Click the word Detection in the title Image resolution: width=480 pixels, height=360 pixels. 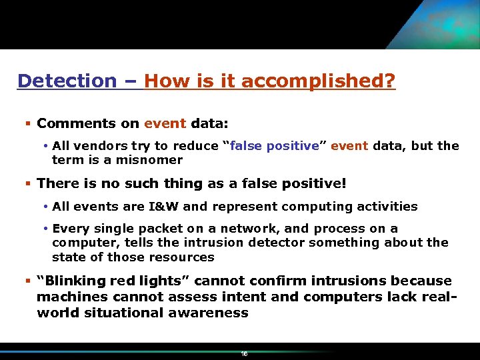67,81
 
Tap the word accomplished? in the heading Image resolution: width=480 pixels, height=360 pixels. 318,81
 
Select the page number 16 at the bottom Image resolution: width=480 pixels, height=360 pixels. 244,354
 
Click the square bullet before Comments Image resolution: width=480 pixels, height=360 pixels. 27,123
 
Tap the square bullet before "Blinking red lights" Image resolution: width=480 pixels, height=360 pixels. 27,281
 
